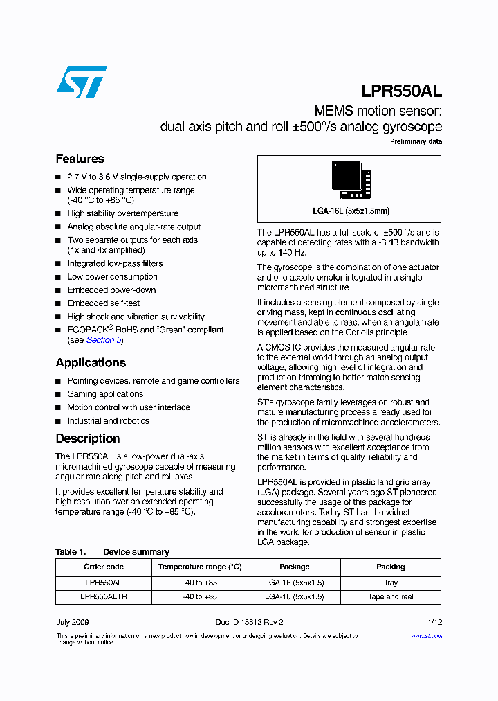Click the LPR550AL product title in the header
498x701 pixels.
pyautogui.click(x=401, y=91)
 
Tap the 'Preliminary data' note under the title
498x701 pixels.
pyautogui.click(x=416, y=142)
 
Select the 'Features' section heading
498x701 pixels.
pyautogui.click(x=80, y=159)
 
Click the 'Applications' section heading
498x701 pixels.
pyautogui.click(x=91, y=362)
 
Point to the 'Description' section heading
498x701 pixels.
pyautogui.click(x=87, y=438)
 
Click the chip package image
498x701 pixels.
pyautogui.click(x=351, y=180)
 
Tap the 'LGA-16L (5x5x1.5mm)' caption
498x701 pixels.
pyautogui.click(x=351, y=211)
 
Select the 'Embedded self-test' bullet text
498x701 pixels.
pyautogui.click(x=103, y=303)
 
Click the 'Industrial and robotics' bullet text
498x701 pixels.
pyautogui.click(x=108, y=421)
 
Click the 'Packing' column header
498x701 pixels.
pyautogui.click(x=391, y=567)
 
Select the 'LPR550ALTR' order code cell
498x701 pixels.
pyautogui.click(x=104, y=596)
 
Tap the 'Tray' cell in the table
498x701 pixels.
pyautogui.click(x=391, y=583)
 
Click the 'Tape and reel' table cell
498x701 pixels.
pyautogui.click(x=391, y=596)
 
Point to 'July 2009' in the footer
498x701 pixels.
pyautogui.click(x=72, y=623)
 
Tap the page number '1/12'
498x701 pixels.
pyautogui.click(x=434, y=623)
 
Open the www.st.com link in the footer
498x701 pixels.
pyautogui.click(x=426, y=636)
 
